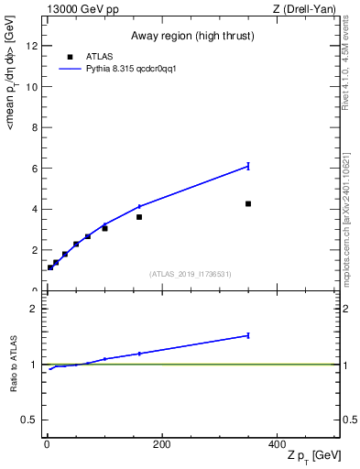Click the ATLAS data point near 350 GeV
click(248, 203)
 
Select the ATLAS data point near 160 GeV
click(139, 217)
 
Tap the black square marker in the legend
click(70, 57)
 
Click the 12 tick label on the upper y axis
click(31, 47)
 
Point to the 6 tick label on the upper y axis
click(34, 169)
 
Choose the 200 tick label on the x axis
click(161, 444)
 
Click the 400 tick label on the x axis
click(277, 444)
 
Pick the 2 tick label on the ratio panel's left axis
click(34, 309)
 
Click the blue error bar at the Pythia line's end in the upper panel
click(248, 166)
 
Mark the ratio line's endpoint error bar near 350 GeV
click(248, 335)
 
